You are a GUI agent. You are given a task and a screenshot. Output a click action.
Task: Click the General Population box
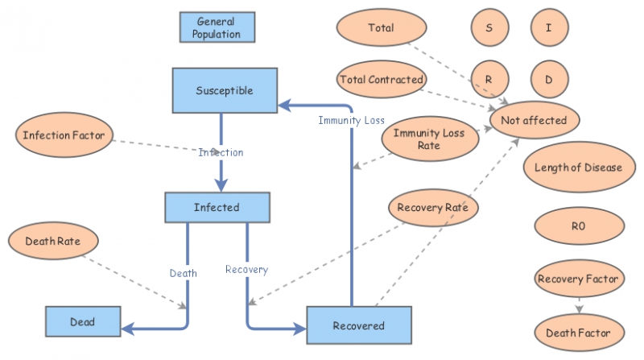(x=216, y=28)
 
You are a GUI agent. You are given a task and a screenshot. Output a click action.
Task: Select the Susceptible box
(x=224, y=90)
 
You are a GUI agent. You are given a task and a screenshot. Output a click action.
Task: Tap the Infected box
(x=216, y=207)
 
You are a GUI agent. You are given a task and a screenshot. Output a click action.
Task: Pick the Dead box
(x=82, y=321)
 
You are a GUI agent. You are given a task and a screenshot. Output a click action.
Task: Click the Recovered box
(x=358, y=325)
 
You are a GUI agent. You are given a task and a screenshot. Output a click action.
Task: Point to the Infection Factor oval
(x=63, y=134)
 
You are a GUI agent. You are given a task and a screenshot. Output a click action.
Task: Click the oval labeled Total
(x=381, y=28)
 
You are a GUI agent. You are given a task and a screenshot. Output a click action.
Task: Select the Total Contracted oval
(x=382, y=79)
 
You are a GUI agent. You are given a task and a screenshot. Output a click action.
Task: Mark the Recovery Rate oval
(x=433, y=208)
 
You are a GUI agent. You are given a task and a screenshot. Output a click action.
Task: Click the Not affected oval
(x=534, y=120)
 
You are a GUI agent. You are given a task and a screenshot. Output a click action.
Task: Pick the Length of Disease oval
(x=578, y=168)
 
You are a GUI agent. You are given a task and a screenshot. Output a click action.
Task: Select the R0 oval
(x=577, y=226)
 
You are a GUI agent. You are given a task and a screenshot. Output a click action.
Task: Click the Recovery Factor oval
(x=578, y=279)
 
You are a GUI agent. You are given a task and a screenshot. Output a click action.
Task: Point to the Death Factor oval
(x=578, y=332)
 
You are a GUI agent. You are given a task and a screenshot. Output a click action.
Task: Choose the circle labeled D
(x=549, y=80)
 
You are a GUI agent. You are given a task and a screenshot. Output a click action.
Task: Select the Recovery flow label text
(x=246, y=269)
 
